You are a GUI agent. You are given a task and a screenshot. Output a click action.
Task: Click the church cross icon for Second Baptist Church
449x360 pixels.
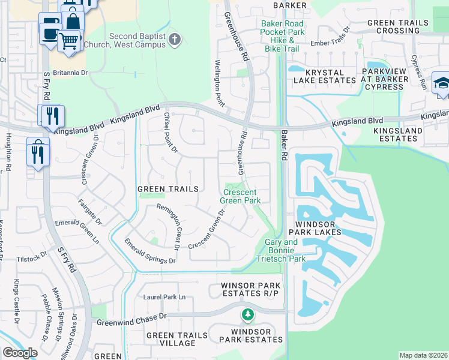175,40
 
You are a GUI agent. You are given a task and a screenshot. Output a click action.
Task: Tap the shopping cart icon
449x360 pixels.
70,41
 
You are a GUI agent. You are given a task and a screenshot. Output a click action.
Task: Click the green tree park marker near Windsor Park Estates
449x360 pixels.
247,314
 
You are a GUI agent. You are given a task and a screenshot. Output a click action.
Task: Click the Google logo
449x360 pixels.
20,353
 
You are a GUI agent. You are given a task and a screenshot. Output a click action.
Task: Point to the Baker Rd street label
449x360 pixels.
283,146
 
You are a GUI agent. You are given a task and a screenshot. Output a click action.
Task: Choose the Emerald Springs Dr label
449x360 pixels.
149,252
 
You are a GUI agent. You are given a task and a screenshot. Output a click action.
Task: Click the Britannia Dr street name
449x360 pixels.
72,73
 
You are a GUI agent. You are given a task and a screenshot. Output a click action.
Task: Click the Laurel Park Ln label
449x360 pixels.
164,297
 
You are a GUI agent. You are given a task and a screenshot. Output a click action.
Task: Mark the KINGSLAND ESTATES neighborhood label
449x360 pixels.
395,134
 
